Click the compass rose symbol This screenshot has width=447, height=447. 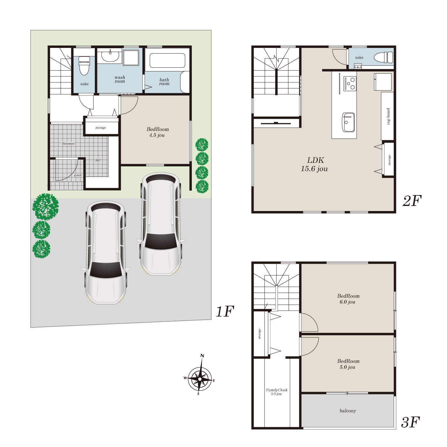pyautogui.click(x=200, y=379)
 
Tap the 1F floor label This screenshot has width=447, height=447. pyautogui.click(x=225, y=311)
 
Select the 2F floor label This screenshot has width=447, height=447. pyautogui.click(x=412, y=201)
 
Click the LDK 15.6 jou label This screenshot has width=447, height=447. pyautogui.click(x=314, y=164)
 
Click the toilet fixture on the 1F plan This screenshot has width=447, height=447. pyautogui.click(x=84, y=66)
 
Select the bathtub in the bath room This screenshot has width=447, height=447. pyautogui.click(x=167, y=60)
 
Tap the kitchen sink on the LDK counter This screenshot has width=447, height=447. pyautogui.click(x=348, y=122)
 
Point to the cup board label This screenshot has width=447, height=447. pyautogui.click(x=388, y=116)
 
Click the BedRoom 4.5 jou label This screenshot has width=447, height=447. pyautogui.click(x=157, y=132)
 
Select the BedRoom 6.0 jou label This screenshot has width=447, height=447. pyautogui.click(x=348, y=299)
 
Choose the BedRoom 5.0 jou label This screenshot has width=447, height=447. pyautogui.click(x=348, y=364)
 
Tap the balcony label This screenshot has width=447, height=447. pyautogui.click(x=348, y=411)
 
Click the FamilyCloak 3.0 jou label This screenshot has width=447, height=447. pyautogui.click(x=277, y=392)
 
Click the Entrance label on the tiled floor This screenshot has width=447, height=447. pyautogui.click(x=68, y=144)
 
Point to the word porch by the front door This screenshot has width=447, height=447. pyautogui.click(x=78, y=175)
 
